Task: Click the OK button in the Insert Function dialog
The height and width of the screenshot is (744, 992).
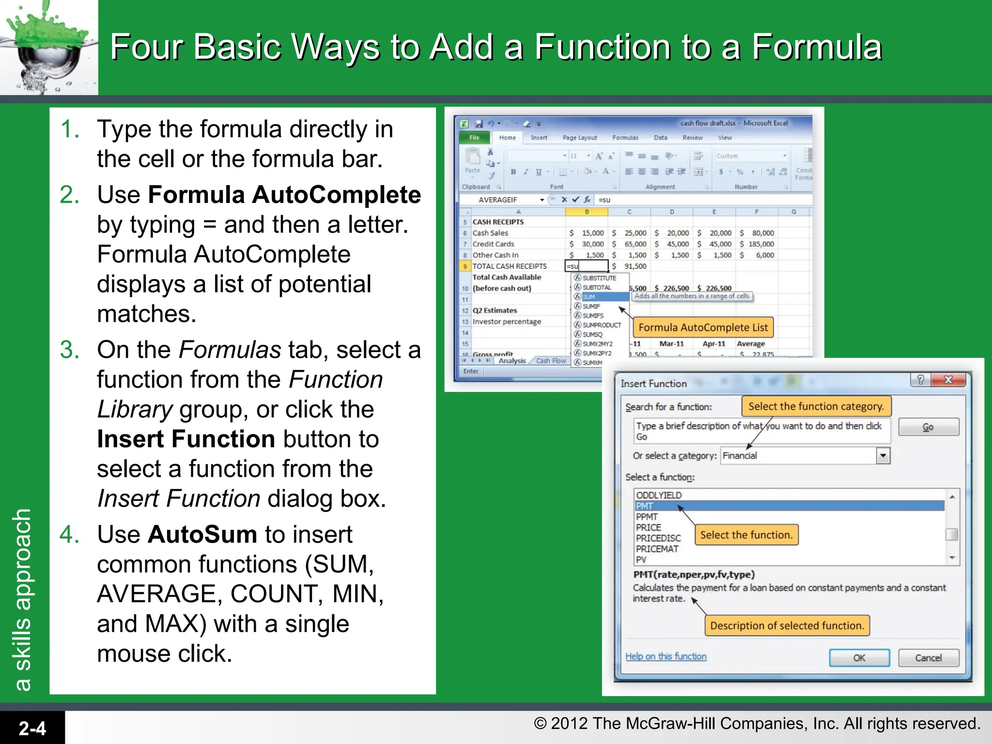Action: click(x=859, y=658)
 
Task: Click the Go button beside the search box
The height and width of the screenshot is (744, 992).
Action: click(x=928, y=427)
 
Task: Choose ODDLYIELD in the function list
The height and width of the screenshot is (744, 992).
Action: click(x=659, y=495)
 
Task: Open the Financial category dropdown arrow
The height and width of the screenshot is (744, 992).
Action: click(x=883, y=456)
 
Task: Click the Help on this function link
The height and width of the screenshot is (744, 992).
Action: click(x=666, y=656)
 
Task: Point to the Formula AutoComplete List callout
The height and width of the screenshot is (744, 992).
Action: click(x=703, y=327)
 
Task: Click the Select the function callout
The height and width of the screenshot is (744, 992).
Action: click(x=746, y=535)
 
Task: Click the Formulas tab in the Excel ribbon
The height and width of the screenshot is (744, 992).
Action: click(x=625, y=138)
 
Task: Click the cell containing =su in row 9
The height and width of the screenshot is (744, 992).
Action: click(x=587, y=266)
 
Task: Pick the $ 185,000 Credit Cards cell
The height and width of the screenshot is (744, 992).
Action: click(x=758, y=244)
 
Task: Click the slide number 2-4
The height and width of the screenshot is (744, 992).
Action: click(x=32, y=728)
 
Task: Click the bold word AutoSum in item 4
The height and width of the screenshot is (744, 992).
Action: click(x=202, y=535)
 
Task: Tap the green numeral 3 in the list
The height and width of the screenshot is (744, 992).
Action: click(x=69, y=350)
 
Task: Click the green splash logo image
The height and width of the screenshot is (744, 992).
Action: click(x=48, y=47)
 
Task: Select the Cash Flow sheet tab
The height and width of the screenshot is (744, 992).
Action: click(x=551, y=361)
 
